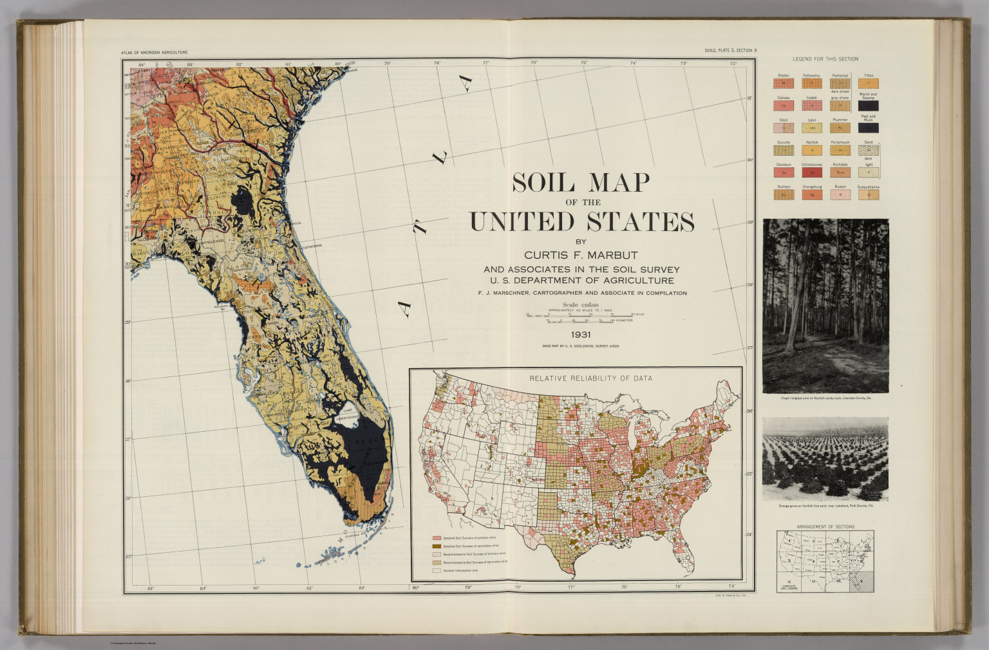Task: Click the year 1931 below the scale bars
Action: click(580, 335)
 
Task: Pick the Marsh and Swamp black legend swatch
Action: click(869, 106)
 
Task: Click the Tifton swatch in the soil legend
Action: click(869, 83)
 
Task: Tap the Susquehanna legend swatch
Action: click(869, 194)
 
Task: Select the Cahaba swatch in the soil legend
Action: click(784, 106)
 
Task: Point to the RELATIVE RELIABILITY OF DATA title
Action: click(590, 378)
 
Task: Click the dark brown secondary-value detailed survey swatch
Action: click(437, 546)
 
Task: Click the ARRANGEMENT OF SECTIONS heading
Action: click(825, 526)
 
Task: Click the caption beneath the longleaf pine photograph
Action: click(825, 398)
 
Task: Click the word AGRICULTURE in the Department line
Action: click(632, 281)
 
